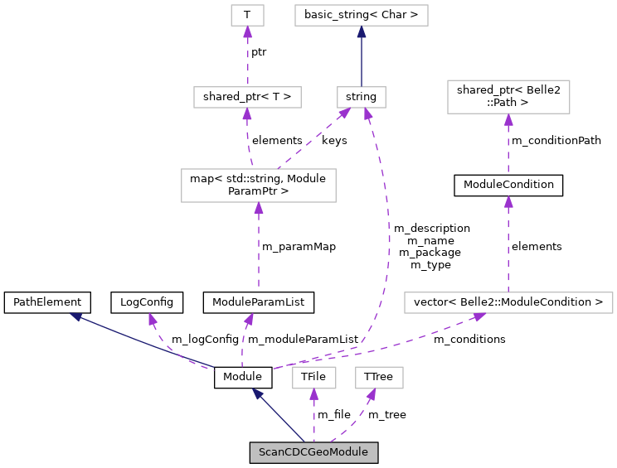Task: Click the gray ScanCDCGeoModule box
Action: point(313,452)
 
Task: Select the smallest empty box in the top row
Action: point(247,15)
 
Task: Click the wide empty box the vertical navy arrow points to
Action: point(362,15)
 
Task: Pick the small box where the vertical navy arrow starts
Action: point(362,97)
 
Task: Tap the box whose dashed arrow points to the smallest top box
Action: point(247,97)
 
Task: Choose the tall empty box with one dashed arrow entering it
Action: point(508,97)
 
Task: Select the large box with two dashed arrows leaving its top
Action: point(259,186)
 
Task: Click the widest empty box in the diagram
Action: point(508,303)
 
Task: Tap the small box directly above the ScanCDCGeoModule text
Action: point(314,378)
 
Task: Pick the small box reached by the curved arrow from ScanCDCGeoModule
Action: point(379,378)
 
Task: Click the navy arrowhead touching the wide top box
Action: point(362,32)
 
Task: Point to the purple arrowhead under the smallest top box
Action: point(247,32)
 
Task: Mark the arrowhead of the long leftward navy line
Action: point(75,316)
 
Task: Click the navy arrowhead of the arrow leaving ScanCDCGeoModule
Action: point(258,394)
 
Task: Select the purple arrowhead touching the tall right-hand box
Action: point(508,120)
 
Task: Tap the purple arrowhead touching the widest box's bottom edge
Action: point(479,317)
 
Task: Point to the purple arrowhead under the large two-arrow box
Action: point(259,209)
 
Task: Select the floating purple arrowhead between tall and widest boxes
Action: point(508,202)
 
